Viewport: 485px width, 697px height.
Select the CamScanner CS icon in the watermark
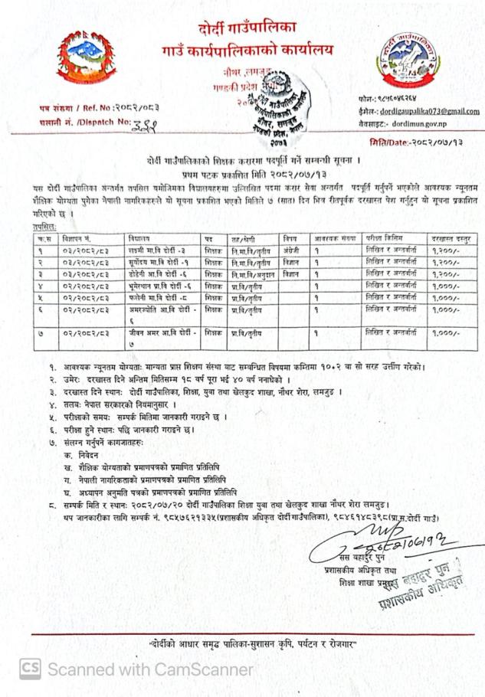coord(31,669)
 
